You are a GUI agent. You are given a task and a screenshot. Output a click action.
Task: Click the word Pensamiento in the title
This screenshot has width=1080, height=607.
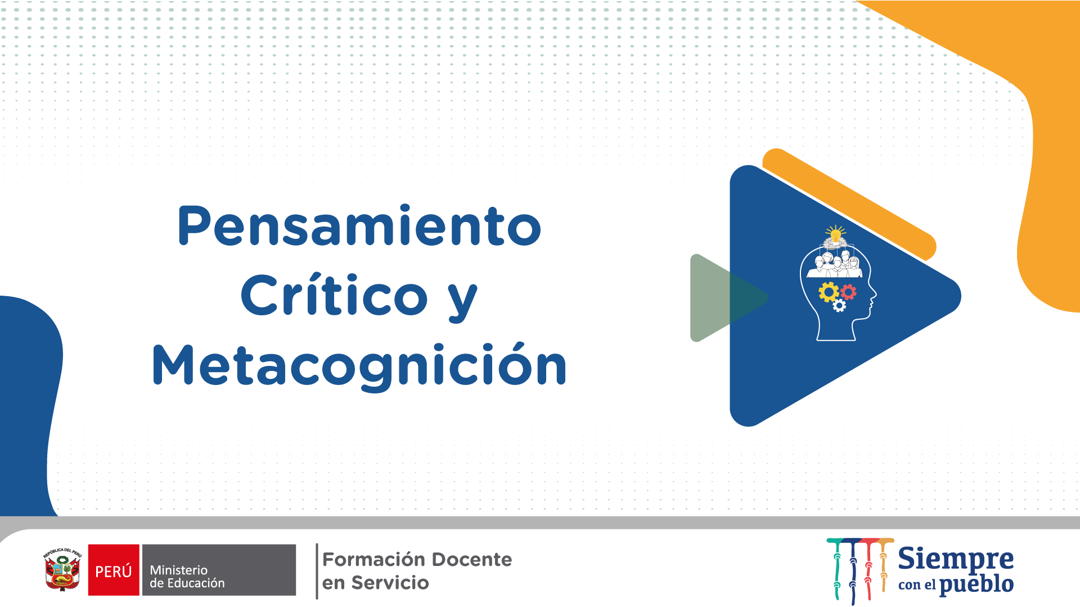pos(359,226)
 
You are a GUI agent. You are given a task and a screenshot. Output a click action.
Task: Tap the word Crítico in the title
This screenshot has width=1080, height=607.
pos(335,295)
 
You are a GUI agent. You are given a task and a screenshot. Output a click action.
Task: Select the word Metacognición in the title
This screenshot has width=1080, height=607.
pos(359,365)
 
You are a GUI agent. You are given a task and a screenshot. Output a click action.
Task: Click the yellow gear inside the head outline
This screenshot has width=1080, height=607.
pos(829,292)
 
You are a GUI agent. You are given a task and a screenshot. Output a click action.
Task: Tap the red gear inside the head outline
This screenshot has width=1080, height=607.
pos(848,292)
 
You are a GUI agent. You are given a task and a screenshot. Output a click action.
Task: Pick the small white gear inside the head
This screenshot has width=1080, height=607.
pos(839,306)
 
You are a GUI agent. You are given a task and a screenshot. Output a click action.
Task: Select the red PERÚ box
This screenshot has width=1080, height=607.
pos(114,570)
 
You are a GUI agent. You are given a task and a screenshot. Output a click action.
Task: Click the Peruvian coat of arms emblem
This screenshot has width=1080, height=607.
pos(62,569)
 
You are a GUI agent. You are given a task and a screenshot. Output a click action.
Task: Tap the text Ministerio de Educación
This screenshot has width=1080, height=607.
pos(187,577)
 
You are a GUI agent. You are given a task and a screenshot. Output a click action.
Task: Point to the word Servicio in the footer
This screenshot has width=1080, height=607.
pos(390,583)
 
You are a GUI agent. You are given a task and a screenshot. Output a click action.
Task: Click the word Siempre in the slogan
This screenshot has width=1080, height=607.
pos(956,560)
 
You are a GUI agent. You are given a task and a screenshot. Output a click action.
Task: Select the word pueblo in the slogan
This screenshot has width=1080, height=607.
pos(976,585)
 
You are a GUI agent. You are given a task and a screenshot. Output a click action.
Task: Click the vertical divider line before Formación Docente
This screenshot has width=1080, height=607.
pos(317,571)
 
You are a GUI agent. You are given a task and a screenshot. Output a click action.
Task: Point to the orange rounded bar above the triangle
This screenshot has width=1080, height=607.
pos(849,204)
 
